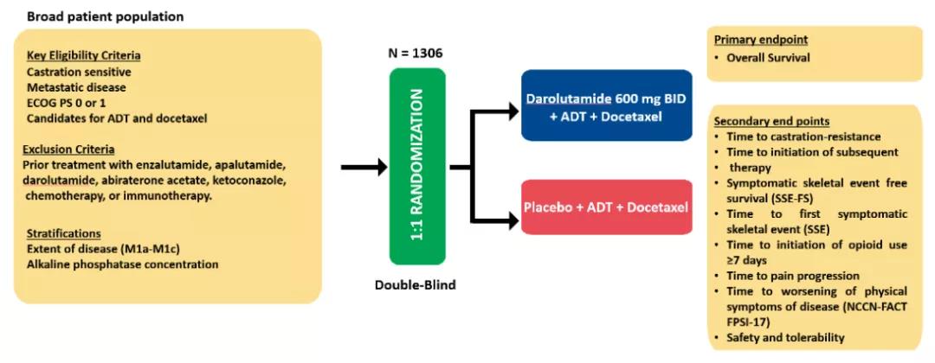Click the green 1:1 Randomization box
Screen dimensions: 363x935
(x=417, y=167)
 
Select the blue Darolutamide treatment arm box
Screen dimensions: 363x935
(x=606, y=105)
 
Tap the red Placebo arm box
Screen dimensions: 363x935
(x=606, y=207)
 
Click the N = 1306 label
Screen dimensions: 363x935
(x=416, y=54)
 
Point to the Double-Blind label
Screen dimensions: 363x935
(x=417, y=283)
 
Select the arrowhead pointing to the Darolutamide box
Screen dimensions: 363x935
(x=509, y=111)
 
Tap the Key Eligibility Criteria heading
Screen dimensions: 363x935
(x=83, y=56)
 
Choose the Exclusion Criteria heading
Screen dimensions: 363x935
(x=70, y=149)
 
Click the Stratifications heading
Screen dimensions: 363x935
(x=62, y=233)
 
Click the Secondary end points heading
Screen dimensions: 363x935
(x=771, y=121)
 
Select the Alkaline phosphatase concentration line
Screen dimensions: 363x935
(x=122, y=264)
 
